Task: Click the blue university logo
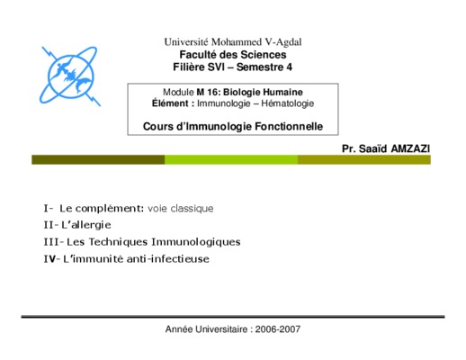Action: pos(70,76)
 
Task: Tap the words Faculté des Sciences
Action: pos(233,55)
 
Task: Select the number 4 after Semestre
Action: pos(289,67)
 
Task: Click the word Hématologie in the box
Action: pos(288,103)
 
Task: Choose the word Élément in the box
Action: pos(170,103)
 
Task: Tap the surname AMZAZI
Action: pos(410,148)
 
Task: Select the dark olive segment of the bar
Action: pos(98,159)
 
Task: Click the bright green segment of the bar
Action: pos(231,159)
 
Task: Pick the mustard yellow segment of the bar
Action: pos(364,159)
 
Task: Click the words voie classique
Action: pos(181,209)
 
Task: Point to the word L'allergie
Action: pos(86,225)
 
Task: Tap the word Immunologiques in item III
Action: pos(196,242)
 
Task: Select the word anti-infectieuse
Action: pos(168,258)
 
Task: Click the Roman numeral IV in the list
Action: pos(49,258)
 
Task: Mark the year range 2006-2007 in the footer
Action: pos(278,329)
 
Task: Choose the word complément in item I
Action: pos(110,209)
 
